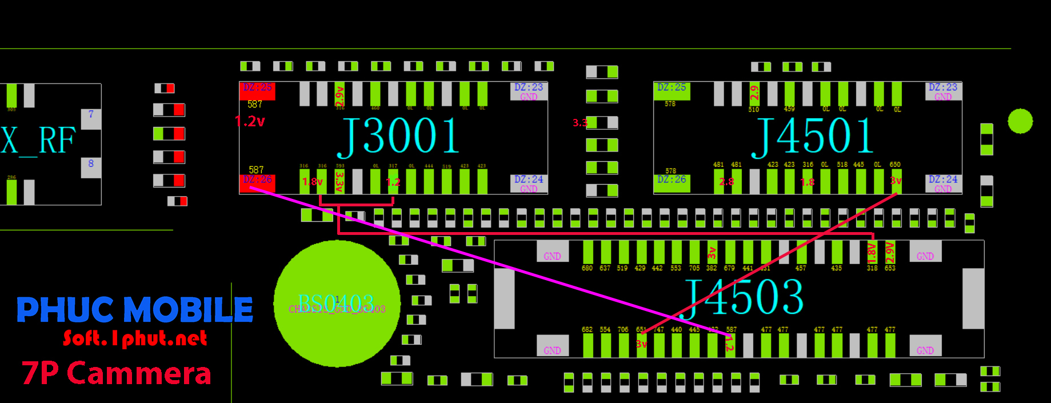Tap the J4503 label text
coord(743,297)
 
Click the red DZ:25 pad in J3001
coord(257,90)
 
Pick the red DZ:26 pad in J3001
coord(257,183)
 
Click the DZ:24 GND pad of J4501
coord(943,183)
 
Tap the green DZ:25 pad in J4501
coord(672,90)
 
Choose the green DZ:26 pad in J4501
coord(672,182)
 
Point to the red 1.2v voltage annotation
coord(250,121)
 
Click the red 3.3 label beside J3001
coord(580,123)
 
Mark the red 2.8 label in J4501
coord(726,182)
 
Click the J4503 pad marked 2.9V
coord(890,252)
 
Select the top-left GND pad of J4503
coord(552,251)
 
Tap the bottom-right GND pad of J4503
coord(925,346)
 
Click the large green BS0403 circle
coord(337,303)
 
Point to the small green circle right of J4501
coord(1020,121)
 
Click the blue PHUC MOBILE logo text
coord(135,309)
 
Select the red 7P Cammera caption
coord(117,374)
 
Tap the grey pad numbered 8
coord(91,167)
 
